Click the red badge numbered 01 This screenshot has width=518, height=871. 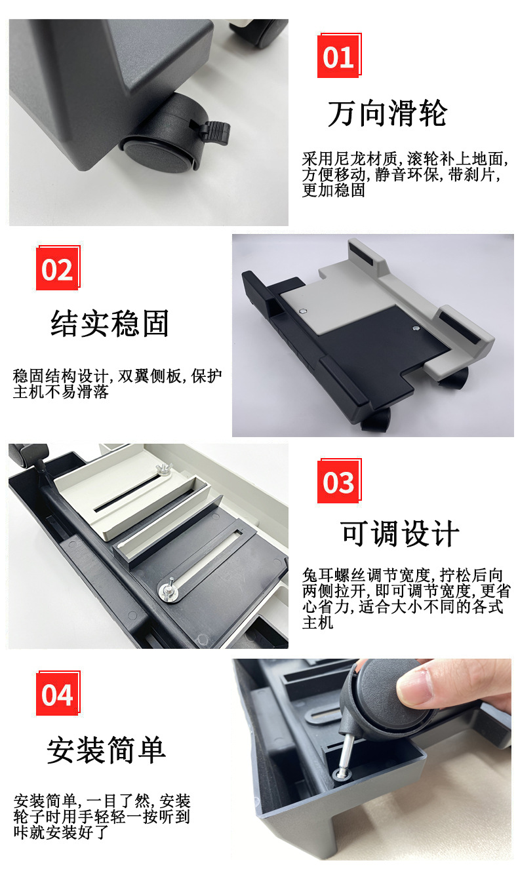tap(339, 56)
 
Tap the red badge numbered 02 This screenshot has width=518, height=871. tap(58, 268)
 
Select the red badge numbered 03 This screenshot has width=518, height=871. tap(339, 482)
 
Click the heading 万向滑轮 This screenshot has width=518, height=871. tap(388, 113)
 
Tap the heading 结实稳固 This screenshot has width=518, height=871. tap(110, 323)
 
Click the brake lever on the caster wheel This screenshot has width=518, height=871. tap(214, 132)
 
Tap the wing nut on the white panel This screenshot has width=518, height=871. tap(163, 469)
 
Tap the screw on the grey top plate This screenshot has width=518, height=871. tap(304, 311)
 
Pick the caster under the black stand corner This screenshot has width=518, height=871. tap(375, 419)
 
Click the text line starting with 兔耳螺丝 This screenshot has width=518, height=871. tap(403, 575)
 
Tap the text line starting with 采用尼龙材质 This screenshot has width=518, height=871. tap(405, 159)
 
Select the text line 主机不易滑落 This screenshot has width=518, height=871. tap(61, 392)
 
